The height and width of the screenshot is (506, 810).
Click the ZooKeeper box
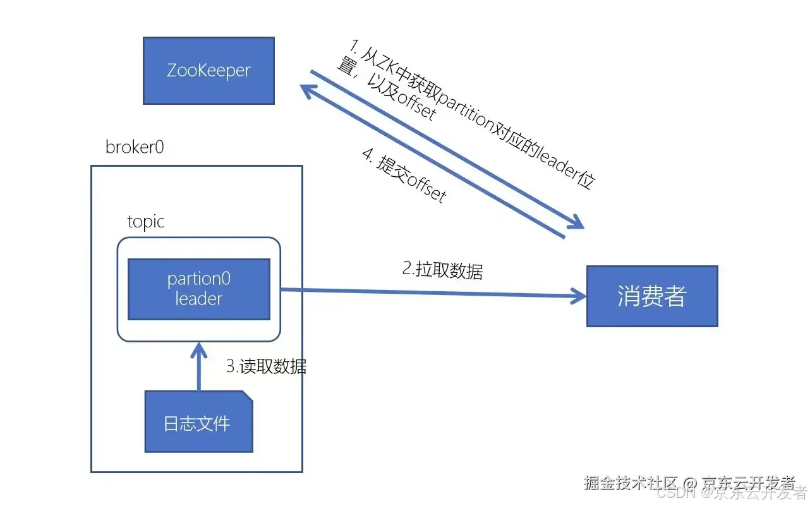coord(209,70)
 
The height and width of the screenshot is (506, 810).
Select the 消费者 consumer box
coord(651,296)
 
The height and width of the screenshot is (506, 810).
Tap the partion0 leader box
coord(198,289)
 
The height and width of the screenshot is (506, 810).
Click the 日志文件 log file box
coord(198,422)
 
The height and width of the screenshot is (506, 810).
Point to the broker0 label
coord(135,147)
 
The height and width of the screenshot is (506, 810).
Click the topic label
coord(145,222)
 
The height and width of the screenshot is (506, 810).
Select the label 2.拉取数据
coord(442,270)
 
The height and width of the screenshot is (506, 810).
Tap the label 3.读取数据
coord(267,366)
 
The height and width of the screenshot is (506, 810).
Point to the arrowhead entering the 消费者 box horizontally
coord(578,295)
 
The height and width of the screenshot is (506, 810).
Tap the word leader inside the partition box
coord(198,299)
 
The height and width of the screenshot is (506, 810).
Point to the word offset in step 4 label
coord(426,188)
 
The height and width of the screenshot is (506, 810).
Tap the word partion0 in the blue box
coord(198,279)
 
